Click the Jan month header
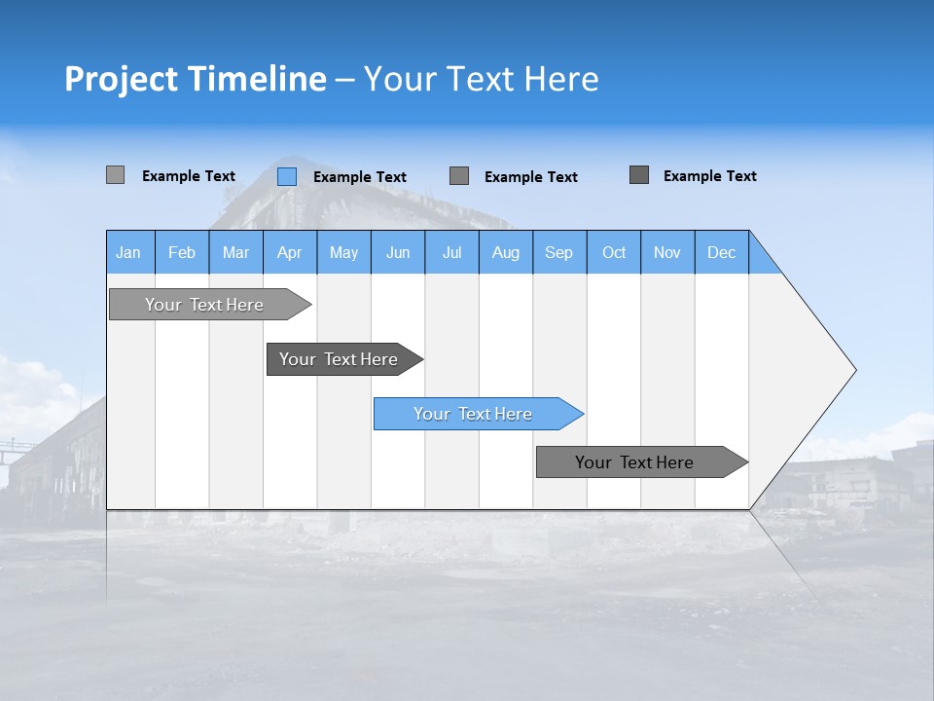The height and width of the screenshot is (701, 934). pyautogui.click(x=128, y=252)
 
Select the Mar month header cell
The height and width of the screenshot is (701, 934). pyautogui.click(x=235, y=252)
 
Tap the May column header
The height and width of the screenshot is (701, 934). pyautogui.click(x=343, y=252)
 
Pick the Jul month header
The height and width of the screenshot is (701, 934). pyautogui.click(x=451, y=252)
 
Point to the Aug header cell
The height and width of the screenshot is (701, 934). pyautogui.click(x=506, y=252)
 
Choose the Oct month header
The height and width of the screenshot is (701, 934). pyautogui.click(x=614, y=252)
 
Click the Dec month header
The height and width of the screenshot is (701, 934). pyautogui.click(x=721, y=252)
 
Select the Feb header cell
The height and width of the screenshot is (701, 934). pyautogui.click(x=182, y=252)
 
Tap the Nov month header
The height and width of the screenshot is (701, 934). pyautogui.click(x=667, y=252)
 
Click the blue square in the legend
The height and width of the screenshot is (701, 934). pyautogui.click(x=287, y=176)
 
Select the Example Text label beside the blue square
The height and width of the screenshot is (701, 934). pyautogui.click(x=360, y=177)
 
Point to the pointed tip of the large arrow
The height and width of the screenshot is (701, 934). pyautogui.click(x=853, y=369)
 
